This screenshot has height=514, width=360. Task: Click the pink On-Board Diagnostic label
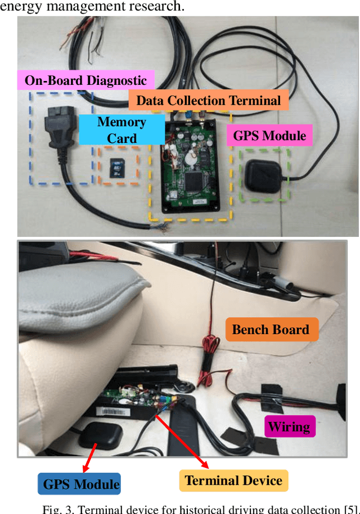tap(85, 80)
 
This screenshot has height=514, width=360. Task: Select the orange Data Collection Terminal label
tap(208, 101)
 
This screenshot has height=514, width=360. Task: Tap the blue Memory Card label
tap(121, 130)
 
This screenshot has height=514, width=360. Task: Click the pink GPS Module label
tap(269, 136)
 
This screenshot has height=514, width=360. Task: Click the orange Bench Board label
tap(271, 330)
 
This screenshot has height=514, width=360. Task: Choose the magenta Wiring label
tap(289, 426)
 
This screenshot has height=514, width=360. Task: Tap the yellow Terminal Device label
tap(233, 480)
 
